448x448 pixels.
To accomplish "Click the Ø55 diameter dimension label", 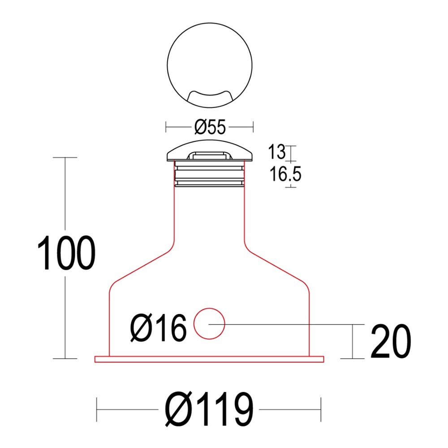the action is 210,127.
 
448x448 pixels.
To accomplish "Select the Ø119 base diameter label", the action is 209,409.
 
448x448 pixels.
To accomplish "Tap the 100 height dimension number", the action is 66,253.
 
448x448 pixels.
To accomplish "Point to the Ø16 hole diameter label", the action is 158,328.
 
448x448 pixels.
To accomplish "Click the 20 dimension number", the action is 391,341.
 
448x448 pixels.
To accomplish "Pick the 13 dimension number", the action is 276,152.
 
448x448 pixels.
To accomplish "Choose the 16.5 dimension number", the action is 285,174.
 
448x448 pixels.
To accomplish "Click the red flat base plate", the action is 209,359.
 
